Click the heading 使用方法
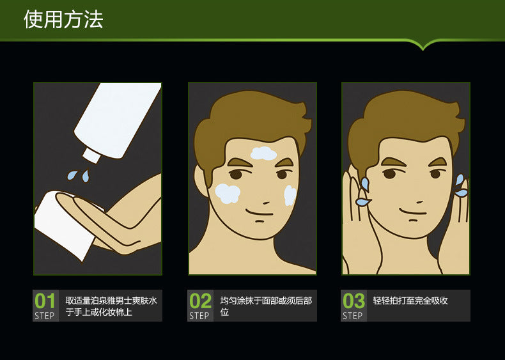[63, 20]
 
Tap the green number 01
[45, 301]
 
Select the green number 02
[200, 301]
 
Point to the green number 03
[353, 301]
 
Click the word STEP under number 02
[199, 316]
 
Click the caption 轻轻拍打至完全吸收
[410, 301]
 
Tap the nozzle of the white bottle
[91, 155]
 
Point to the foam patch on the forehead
[263, 153]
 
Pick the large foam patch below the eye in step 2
[228, 193]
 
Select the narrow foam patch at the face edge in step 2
[290, 195]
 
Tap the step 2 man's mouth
[259, 213]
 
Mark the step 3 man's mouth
[412, 212]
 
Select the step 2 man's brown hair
[251, 126]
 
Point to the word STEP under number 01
[45, 316]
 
